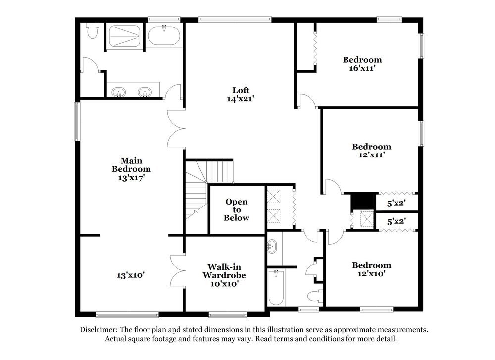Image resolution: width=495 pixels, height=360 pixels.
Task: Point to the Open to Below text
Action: [x=236, y=210]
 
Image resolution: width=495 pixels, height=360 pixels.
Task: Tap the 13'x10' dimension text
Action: [x=131, y=275]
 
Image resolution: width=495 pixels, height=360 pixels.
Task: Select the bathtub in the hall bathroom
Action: [x=275, y=288]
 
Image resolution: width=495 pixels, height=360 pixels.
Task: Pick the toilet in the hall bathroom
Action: [x=313, y=296]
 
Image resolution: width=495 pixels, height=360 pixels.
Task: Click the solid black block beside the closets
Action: [x=361, y=201]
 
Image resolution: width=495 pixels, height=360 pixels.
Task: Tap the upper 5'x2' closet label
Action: [x=396, y=202]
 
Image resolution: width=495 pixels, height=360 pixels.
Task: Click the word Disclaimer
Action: [x=98, y=329]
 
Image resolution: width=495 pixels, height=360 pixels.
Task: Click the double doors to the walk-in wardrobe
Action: [x=177, y=271]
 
